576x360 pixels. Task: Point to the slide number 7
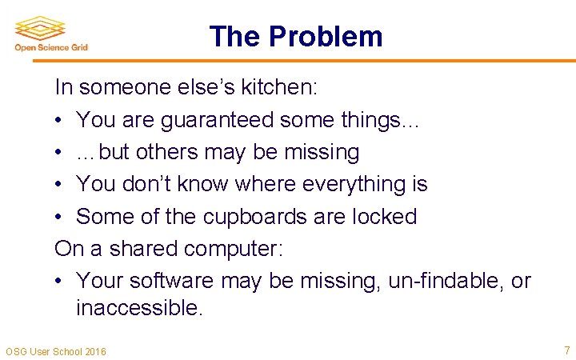click(567, 350)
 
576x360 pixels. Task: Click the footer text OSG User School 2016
click(56, 351)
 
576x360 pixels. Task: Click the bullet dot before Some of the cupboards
click(60, 217)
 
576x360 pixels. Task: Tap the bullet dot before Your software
click(60, 281)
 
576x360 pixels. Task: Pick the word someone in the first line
click(119, 86)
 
